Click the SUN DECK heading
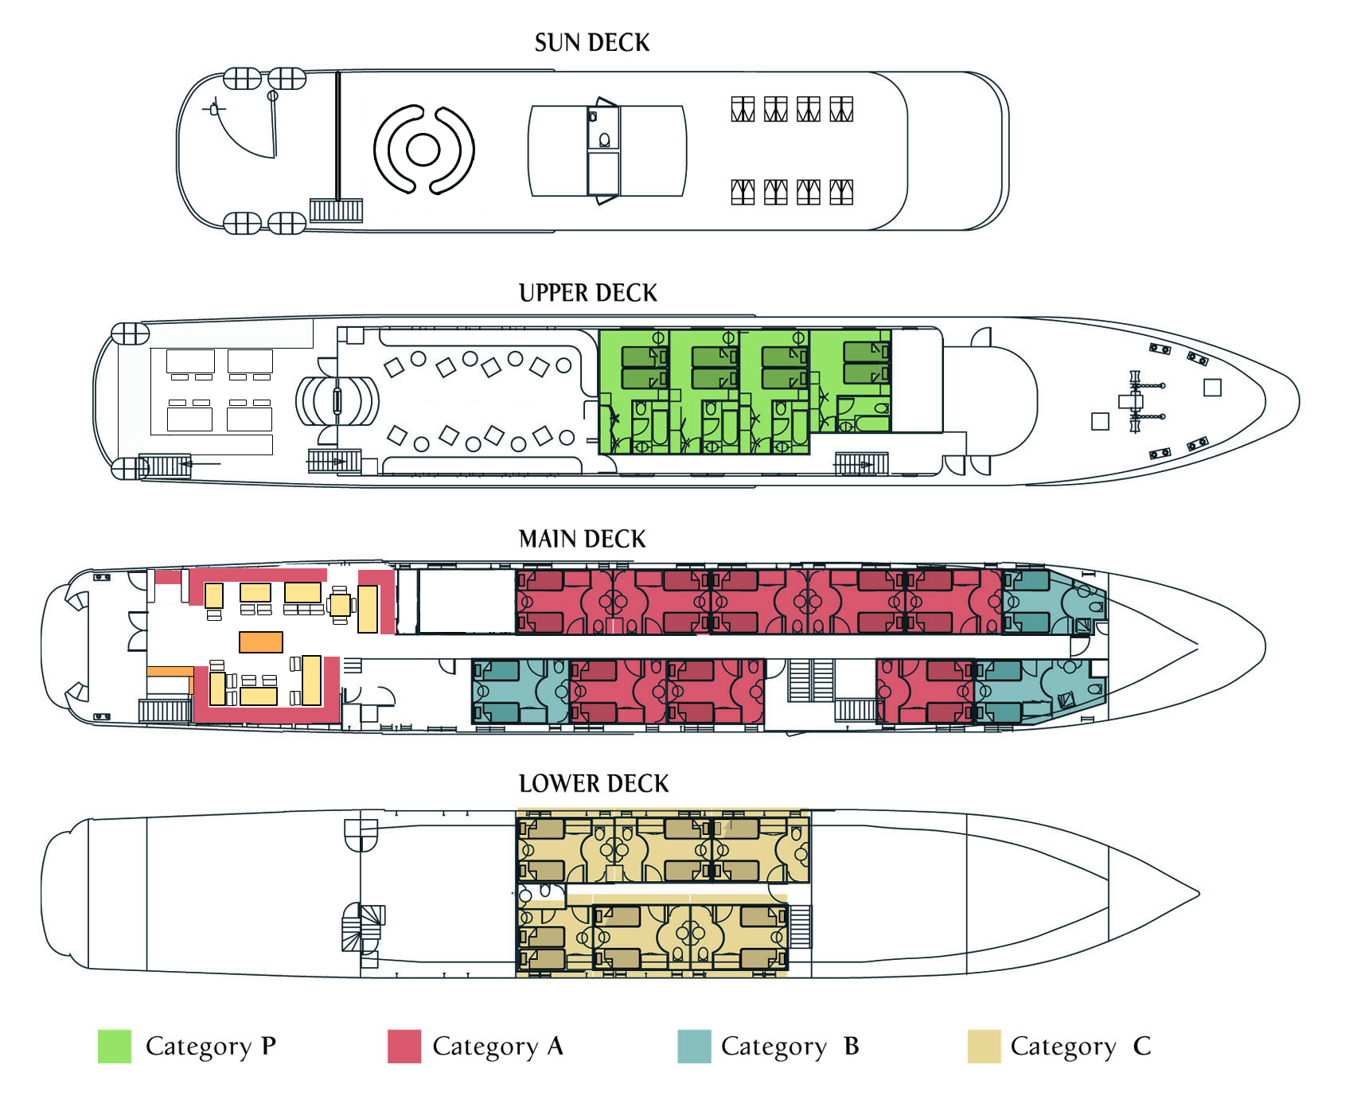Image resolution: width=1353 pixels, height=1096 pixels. point(592,43)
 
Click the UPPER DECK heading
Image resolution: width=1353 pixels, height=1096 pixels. point(588,293)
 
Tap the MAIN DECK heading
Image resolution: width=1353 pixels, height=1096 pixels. point(583,539)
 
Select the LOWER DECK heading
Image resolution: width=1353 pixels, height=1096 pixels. point(594,783)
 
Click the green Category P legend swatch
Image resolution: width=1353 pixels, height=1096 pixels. point(115,1046)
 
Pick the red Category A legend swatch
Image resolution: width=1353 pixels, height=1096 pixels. point(404,1046)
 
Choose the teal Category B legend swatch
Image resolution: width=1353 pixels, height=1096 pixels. point(694,1046)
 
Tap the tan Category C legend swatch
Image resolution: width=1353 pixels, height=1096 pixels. point(984,1046)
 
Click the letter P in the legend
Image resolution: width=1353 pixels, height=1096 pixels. point(269,1045)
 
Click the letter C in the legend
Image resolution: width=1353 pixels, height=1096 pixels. point(1142,1046)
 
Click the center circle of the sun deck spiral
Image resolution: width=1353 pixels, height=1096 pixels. point(423,149)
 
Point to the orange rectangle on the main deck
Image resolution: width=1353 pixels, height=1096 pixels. point(261,642)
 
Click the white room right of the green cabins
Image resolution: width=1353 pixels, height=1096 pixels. point(917,380)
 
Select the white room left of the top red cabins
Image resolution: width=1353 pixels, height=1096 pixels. point(466,601)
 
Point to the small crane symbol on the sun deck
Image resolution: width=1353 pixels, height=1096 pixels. point(213,108)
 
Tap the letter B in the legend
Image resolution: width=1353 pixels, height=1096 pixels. point(852,1046)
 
